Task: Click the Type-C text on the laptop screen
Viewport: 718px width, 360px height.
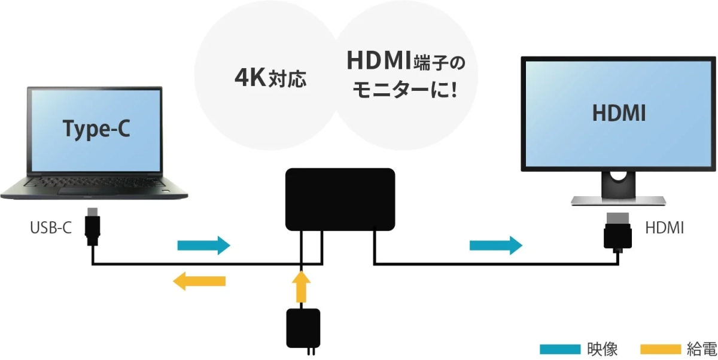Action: pos(96,130)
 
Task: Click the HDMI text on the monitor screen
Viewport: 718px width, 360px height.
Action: pos(619,113)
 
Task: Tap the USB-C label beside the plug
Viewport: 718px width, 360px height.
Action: pos(51,228)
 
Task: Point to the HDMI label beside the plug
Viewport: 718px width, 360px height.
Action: pos(665,228)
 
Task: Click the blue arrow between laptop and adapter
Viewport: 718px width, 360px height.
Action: pos(203,245)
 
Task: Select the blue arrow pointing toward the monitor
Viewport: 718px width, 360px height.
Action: pos(495,245)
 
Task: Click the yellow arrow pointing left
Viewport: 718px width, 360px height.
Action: pos(199,280)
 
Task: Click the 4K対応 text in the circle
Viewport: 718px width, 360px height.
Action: pos(270,78)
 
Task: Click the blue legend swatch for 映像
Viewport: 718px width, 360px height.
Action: pos(560,349)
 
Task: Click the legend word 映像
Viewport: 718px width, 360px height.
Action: pos(601,349)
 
